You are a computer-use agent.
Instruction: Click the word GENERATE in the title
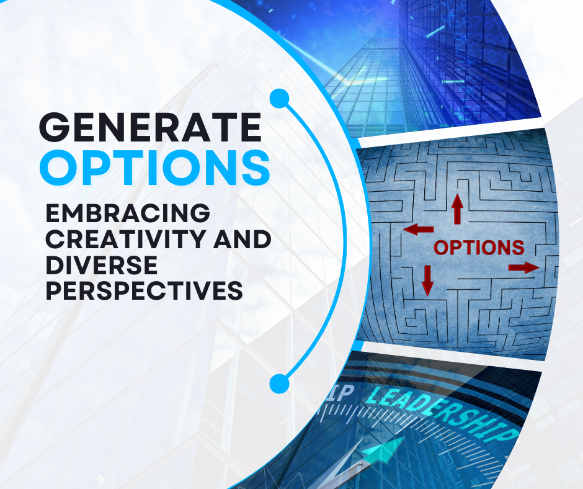[x=151, y=127]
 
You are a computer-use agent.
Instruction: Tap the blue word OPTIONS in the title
[x=154, y=168]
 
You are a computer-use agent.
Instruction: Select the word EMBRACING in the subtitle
[x=128, y=213]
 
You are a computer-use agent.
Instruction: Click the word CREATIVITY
[x=127, y=239]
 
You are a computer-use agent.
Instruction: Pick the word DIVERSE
[x=102, y=265]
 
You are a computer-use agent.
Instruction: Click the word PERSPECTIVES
[x=145, y=290]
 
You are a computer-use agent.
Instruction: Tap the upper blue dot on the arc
[x=279, y=99]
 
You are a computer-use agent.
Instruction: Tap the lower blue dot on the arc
[x=279, y=384]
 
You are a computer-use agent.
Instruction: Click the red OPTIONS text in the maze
[x=479, y=248]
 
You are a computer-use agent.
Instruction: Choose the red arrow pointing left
[x=418, y=229]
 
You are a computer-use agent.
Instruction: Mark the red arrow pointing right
[x=524, y=267]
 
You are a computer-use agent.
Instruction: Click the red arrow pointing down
[x=427, y=280]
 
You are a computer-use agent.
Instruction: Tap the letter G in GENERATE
[x=55, y=127]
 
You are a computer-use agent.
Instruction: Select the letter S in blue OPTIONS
[x=254, y=168]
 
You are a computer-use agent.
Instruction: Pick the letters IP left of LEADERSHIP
[x=342, y=394]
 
